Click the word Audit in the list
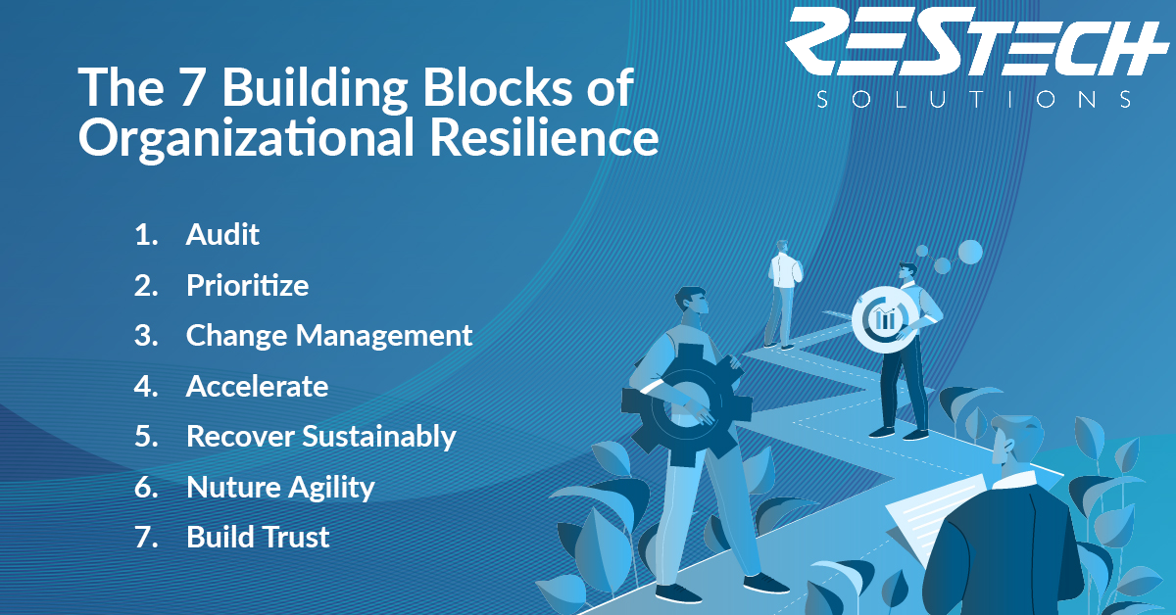pos(222,234)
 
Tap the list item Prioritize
pos(247,285)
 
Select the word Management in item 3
pos(384,336)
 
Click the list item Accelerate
pos(257,386)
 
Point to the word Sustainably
pos(379,437)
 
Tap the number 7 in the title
pos(191,86)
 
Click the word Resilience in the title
pos(545,137)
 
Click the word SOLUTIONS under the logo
pos(975,99)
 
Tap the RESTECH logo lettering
pos(976,41)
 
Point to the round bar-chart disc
pos(885,319)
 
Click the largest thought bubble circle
pos(969,253)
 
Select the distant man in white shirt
pos(783,295)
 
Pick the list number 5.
pos(145,437)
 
